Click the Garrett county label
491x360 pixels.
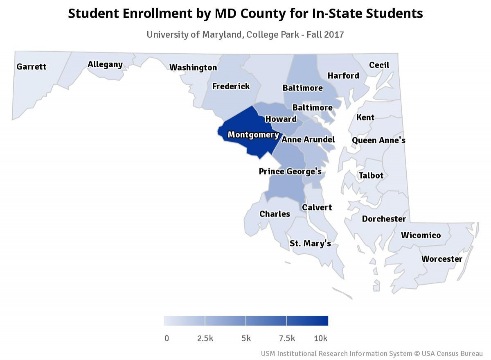pyautogui.click(x=32, y=66)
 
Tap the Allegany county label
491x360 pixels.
pyautogui.click(x=105, y=64)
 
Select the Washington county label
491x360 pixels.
pyautogui.click(x=193, y=68)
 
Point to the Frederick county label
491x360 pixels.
pyautogui.click(x=231, y=86)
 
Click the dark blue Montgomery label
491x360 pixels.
pyautogui.click(x=253, y=135)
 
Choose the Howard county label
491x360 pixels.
pyautogui.click(x=281, y=119)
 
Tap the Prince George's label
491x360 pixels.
pyautogui.click(x=290, y=171)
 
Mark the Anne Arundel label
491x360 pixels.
pyautogui.click(x=308, y=140)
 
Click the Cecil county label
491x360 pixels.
pyautogui.click(x=379, y=65)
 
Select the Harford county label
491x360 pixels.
pyautogui.click(x=343, y=76)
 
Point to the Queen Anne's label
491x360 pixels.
pyautogui.click(x=378, y=140)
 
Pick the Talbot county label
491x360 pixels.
pyautogui.click(x=371, y=176)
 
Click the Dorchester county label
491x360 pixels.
pyautogui.click(x=384, y=219)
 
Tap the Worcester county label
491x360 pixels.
pyautogui.click(x=442, y=259)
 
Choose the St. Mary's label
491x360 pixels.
pyautogui.click(x=310, y=244)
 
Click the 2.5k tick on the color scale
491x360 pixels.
pyautogui.click(x=205, y=339)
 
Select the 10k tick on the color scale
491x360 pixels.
pyautogui.click(x=320, y=339)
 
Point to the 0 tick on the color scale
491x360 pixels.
pyautogui.click(x=167, y=339)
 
